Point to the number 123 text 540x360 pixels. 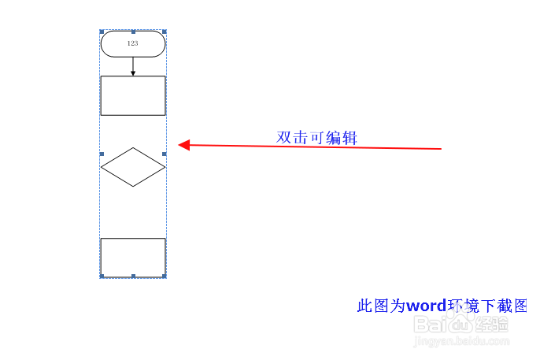(x=132, y=44)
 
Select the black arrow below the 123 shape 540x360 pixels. (x=133, y=67)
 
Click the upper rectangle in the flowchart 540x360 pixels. (x=133, y=95)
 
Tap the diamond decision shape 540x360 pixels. (x=133, y=167)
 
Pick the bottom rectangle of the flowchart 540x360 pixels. (x=133, y=257)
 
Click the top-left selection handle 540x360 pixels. (x=101, y=32)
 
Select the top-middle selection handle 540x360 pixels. (x=133, y=32)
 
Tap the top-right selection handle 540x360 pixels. (x=165, y=32)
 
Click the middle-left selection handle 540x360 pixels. (x=101, y=154)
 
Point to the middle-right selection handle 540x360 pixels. (x=165, y=154)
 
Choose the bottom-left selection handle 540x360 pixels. (x=101, y=276)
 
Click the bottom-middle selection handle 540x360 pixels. (x=133, y=276)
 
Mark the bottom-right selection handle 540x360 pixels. (x=165, y=276)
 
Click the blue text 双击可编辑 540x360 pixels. (x=316, y=137)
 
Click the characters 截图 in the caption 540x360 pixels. (x=511, y=306)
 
